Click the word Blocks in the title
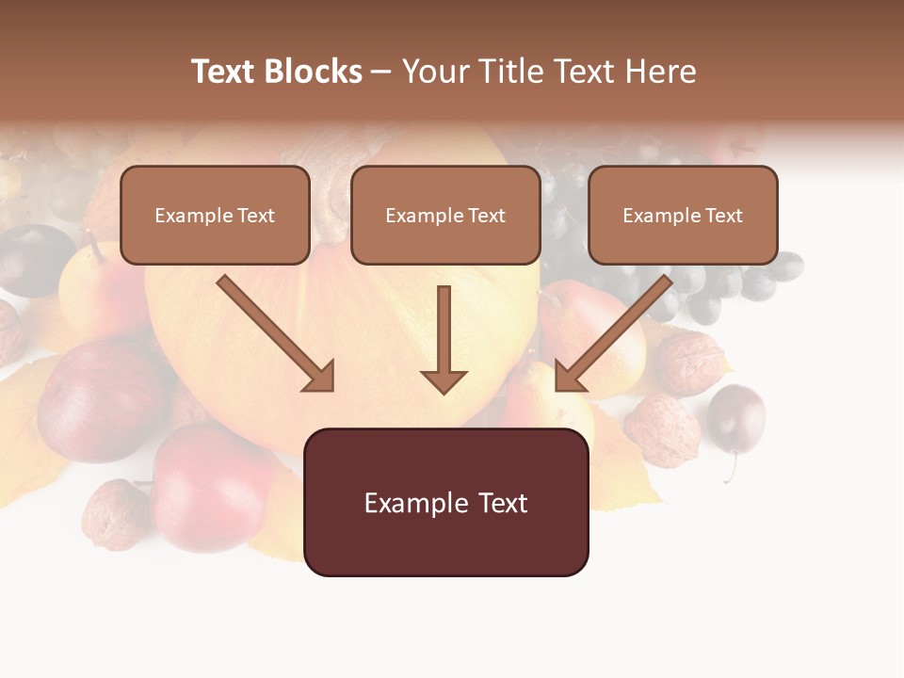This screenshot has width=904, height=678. click(312, 72)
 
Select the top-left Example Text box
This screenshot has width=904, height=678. click(215, 215)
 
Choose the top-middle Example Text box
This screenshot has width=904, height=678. click(445, 215)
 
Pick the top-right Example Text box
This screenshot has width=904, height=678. click(683, 215)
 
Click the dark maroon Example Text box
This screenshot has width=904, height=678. click(445, 503)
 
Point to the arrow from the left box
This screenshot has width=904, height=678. click(275, 333)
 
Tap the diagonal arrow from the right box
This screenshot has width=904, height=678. click(614, 333)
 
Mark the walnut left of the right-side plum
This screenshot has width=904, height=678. click(662, 429)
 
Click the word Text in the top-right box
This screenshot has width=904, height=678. click(723, 215)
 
